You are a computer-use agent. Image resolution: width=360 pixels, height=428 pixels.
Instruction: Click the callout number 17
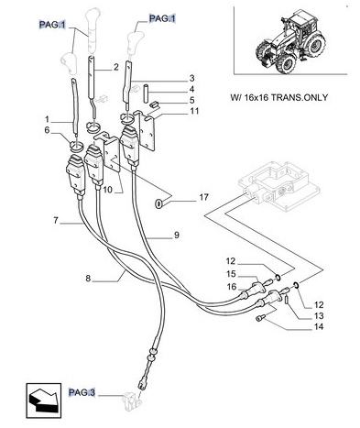203,197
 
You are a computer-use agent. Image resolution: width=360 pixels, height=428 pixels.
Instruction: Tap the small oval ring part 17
158,203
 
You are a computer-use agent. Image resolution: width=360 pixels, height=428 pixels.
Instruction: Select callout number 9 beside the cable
177,236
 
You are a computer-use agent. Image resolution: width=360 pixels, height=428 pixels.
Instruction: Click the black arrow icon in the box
43,401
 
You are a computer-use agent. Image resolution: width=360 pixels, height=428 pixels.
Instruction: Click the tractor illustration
290,41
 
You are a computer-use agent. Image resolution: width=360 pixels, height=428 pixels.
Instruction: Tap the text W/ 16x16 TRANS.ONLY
278,97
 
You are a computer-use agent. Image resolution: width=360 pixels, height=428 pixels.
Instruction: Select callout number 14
319,326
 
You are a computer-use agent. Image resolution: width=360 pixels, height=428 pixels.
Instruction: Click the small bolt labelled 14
259,318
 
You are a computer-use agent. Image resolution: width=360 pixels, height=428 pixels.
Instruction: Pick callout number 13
319,315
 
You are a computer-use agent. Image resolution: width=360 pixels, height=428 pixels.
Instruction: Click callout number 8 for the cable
88,279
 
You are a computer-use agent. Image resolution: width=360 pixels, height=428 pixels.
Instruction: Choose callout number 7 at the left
56,220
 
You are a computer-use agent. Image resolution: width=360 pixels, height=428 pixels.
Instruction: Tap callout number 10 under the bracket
108,190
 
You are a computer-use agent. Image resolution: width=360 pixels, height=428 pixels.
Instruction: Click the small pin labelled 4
146,93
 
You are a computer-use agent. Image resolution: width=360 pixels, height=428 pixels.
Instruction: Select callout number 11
194,111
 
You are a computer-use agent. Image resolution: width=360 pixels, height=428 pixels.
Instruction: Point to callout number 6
47,130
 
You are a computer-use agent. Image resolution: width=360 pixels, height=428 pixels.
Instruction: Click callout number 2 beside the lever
116,67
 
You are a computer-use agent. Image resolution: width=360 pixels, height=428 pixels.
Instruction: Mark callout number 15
231,274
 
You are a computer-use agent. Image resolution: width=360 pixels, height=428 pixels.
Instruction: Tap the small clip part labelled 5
155,104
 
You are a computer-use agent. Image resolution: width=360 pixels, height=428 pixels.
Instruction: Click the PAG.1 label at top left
52,25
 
